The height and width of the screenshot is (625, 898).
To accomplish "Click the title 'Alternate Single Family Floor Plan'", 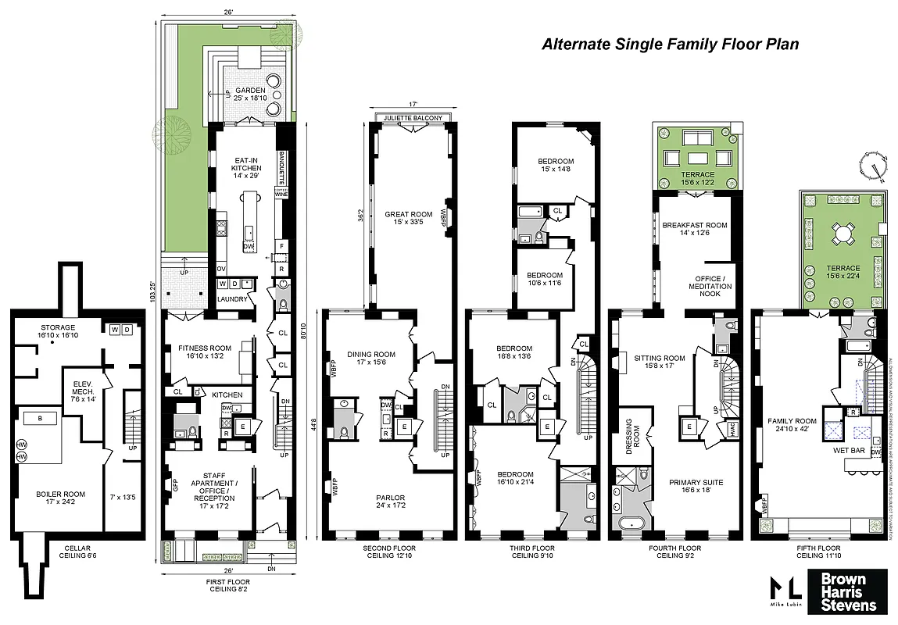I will click(671, 45).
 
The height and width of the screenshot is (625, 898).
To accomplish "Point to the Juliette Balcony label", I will click(413, 118).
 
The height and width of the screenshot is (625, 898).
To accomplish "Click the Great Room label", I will click(408, 217).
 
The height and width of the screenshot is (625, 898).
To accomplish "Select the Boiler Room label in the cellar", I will click(60, 498).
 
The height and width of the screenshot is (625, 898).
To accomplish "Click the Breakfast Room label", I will click(694, 230).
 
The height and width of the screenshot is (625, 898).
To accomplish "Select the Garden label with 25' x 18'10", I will click(250, 95).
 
